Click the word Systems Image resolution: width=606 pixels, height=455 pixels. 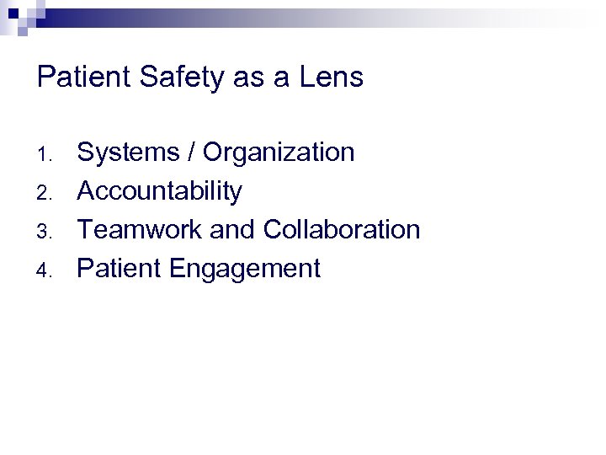(128, 153)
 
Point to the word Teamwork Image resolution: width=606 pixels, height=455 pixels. (146, 230)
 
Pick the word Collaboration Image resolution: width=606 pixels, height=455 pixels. (342, 230)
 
